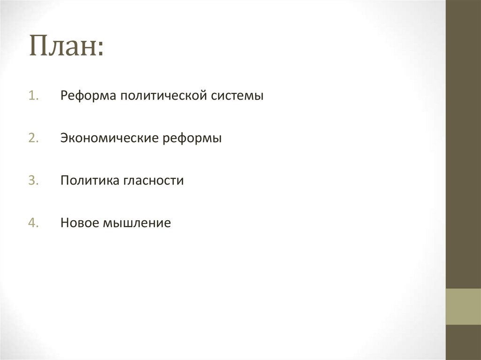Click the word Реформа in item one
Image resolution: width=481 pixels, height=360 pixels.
87,96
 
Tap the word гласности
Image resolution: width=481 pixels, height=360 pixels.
154,181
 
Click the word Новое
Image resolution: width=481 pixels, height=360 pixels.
77,223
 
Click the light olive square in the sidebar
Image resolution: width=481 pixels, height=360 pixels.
463,306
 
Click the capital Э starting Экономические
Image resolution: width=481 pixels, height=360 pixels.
64,138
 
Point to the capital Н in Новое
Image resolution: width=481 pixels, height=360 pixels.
64,223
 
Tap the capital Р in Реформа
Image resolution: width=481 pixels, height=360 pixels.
64,96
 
